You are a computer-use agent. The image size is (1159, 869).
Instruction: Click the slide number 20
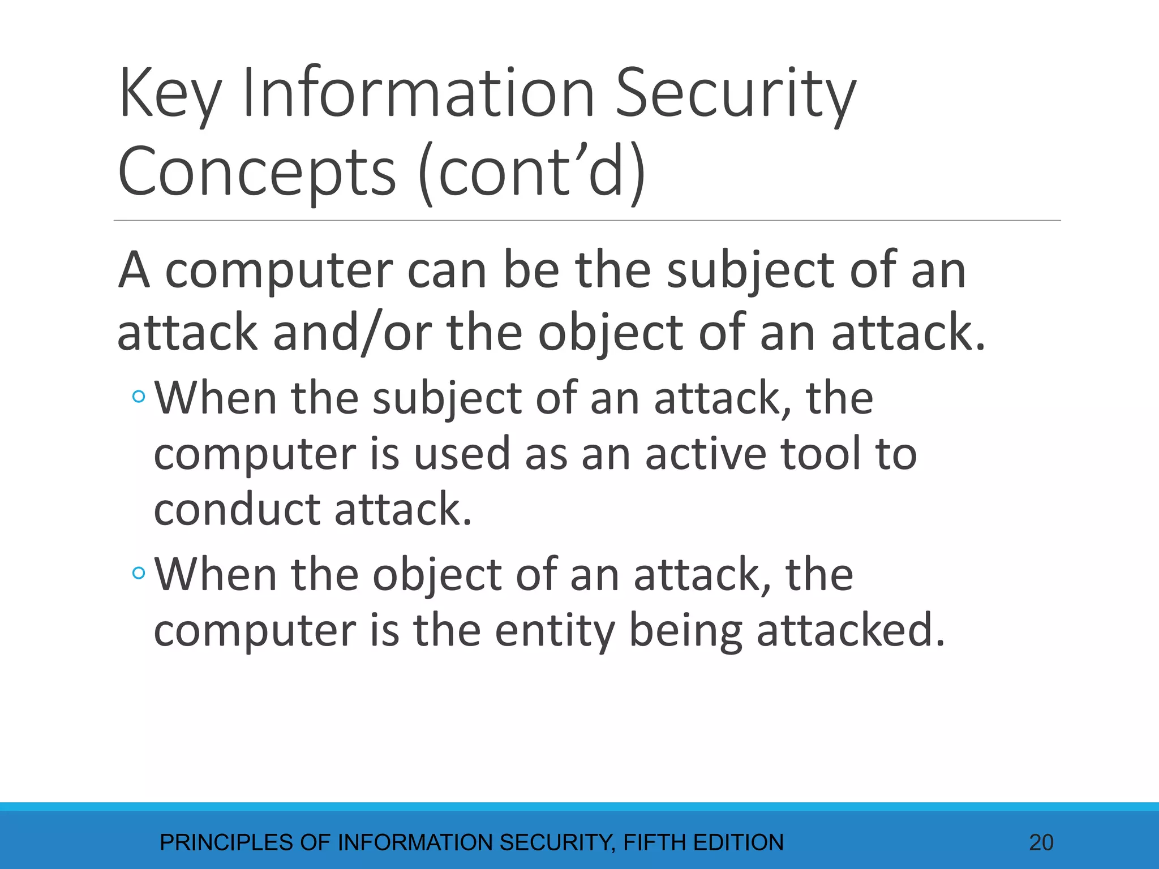tap(1041, 842)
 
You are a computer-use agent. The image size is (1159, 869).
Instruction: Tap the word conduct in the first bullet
tap(238, 509)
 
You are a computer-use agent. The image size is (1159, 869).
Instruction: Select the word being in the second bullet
tap(685, 631)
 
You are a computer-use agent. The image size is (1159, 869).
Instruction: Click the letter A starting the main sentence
tap(134, 270)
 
